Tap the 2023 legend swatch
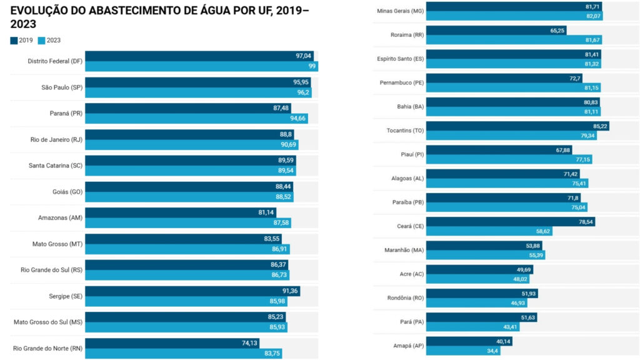point(42,41)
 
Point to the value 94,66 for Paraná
point(298,119)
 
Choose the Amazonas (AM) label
point(60,217)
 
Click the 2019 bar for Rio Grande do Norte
point(172,343)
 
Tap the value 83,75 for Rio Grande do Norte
point(272,353)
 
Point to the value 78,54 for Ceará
point(586,222)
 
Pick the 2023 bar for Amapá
point(463,351)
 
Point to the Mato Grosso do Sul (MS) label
point(48,322)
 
